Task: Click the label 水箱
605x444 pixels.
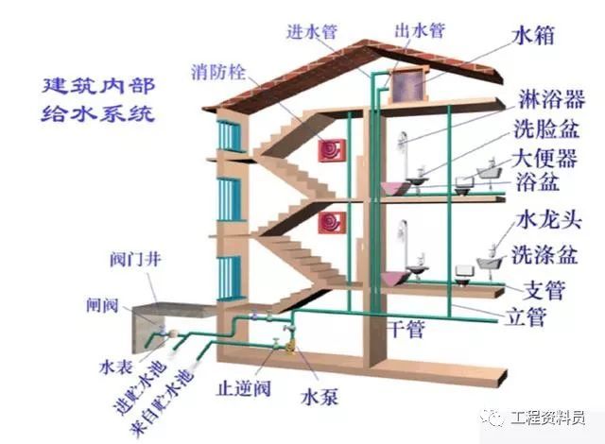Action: point(534,36)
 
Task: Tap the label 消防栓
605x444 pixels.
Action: point(218,73)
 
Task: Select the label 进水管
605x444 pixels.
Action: point(312,31)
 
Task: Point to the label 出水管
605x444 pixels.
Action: point(420,31)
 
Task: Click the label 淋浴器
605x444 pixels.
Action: point(551,99)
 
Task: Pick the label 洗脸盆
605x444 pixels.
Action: point(546,129)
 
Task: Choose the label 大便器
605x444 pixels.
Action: point(544,159)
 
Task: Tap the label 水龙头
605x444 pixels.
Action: point(548,221)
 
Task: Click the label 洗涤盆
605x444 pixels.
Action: point(544,255)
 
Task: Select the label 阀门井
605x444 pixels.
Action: point(135,260)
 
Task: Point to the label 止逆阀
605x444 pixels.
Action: point(244,388)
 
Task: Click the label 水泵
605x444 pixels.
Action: point(320,397)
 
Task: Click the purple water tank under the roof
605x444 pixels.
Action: point(409,87)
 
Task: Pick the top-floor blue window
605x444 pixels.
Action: point(230,136)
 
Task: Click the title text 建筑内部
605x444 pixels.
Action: point(98,86)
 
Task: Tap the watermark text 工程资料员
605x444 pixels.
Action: point(548,418)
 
